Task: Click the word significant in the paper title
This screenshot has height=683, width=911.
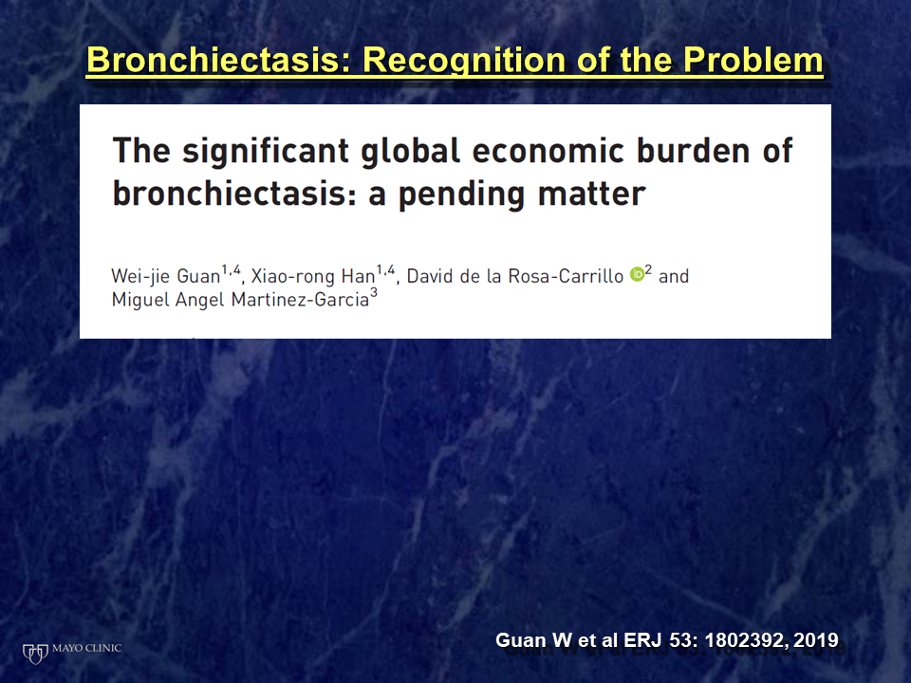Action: click(x=266, y=152)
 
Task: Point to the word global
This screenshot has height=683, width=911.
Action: click(x=410, y=151)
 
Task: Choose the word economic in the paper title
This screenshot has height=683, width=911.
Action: click(x=548, y=151)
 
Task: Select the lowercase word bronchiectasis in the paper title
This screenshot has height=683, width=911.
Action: click(x=234, y=194)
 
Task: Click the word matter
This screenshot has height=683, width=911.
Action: click(x=591, y=194)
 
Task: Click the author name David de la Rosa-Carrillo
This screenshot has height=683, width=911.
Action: click(x=514, y=276)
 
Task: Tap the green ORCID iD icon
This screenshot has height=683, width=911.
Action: click(x=638, y=274)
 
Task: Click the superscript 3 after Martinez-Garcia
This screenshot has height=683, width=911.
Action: click(x=374, y=293)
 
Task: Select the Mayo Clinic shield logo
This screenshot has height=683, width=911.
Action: click(x=35, y=654)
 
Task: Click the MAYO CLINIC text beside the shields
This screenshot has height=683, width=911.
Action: click(x=87, y=648)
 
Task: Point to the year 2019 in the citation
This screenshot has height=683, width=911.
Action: click(x=816, y=640)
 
